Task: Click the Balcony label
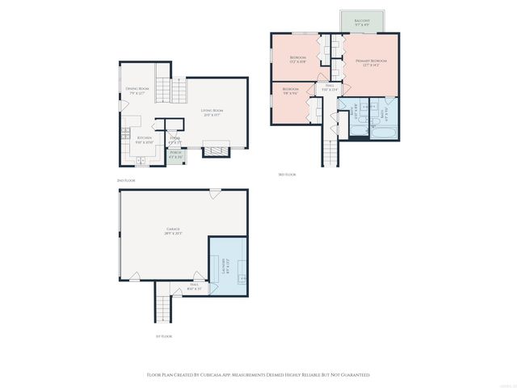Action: point(357,21)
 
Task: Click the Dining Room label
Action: point(137,90)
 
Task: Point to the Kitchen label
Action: point(145,139)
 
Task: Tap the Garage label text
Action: point(173,230)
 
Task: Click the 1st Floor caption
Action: point(165,335)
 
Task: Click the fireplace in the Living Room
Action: point(216,149)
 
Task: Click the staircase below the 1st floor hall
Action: point(164,307)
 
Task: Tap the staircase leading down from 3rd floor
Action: point(330,150)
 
